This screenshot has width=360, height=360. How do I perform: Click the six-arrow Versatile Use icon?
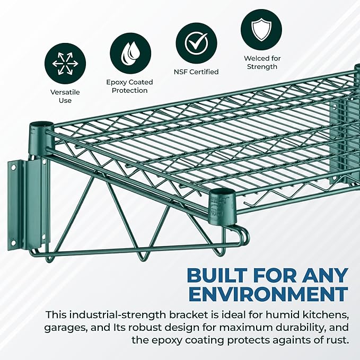[x=65, y=64]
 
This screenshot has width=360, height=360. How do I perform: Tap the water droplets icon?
[x=130, y=53]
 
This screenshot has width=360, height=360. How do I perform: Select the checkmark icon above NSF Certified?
[x=196, y=43]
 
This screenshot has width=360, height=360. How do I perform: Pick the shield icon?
[x=261, y=30]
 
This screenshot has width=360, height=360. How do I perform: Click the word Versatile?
[x=65, y=92]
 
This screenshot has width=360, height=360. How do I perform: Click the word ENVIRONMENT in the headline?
[x=269, y=294]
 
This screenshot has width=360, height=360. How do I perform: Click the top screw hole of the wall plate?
[x=14, y=168]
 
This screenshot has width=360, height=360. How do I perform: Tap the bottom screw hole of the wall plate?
[x=13, y=242]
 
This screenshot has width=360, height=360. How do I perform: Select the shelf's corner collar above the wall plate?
[x=41, y=138]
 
